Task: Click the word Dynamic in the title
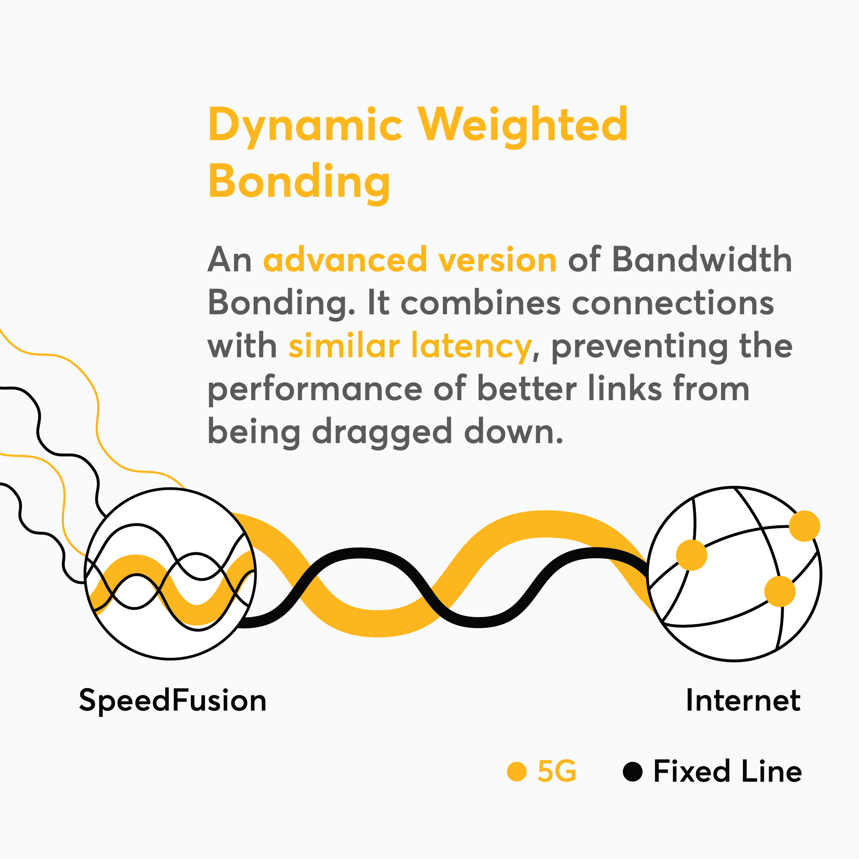pyautogui.click(x=305, y=125)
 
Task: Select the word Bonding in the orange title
pyautogui.click(x=299, y=181)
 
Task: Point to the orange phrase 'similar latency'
pyautogui.click(x=410, y=346)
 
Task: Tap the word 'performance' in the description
pyautogui.click(x=315, y=389)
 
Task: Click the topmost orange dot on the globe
pyautogui.click(x=804, y=526)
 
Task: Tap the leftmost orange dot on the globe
pyautogui.click(x=691, y=555)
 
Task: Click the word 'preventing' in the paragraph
pyautogui.click(x=640, y=346)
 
